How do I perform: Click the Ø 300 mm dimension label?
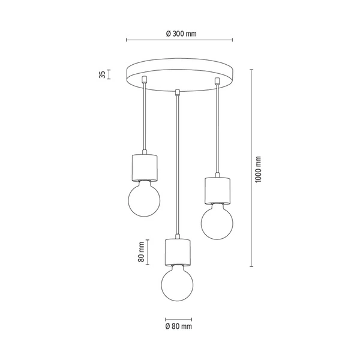pyautogui.click(x=180, y=34)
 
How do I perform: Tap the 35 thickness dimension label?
pyautogui.click(x=103, y=74)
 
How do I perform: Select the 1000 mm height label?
pyautogui.click(x=259, y=170)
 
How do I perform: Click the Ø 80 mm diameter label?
pyautogui.click(x=178, y=326)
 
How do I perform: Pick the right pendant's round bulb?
pyautogui.click(x=217, y=221)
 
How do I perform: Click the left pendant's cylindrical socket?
pyautogui.click(x=144, y=169)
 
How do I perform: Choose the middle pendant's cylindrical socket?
pyautogui.click(x=178, y=251)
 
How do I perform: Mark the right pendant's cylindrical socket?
pyautogui.click(x=217, y=189)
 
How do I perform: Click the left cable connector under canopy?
pyautogui.click(x=144, y=80)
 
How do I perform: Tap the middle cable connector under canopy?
pyautogui.click(x=178, y=92)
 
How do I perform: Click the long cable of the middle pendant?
pyautogui.click(x=178, y=168)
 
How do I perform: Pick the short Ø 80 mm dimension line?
pyautogui.click(x=178, y=319)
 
